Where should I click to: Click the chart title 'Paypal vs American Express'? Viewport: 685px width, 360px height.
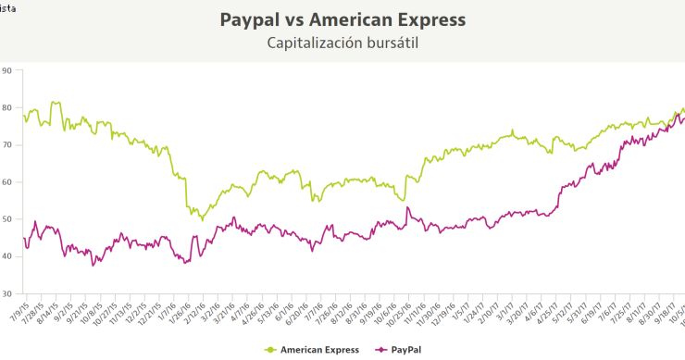[342, 19]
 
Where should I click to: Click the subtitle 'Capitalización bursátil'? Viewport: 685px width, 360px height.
[342, 43]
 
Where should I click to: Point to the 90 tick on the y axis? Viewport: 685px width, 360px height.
[6, 70]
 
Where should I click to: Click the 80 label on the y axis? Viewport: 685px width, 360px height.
[6, 107]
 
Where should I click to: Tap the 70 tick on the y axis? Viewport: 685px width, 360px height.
[6, 144]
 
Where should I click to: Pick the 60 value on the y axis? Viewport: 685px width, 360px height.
[6, 182]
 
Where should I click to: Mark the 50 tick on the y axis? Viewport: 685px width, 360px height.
[6, 219]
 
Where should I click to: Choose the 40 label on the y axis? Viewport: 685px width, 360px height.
[6, 256]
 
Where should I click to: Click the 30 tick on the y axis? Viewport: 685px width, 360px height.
[6, 293]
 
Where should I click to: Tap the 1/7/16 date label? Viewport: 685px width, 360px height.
[162, 313]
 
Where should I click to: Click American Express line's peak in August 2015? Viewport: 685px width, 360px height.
[54, 102]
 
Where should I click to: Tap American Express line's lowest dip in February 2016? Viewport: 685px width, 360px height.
[202, 219]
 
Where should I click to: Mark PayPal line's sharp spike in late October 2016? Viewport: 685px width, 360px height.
[407, 207]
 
